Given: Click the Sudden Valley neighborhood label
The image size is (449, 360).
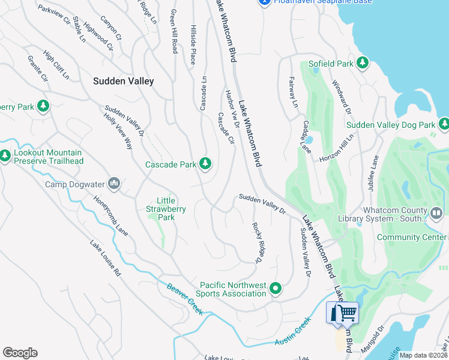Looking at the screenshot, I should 123,81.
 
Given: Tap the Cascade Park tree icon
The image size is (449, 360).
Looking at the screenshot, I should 205,164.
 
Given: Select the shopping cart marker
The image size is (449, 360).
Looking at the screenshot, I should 342,313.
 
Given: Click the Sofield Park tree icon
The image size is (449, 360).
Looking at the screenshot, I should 362,62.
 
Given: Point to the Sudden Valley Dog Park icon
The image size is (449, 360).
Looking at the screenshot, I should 444,125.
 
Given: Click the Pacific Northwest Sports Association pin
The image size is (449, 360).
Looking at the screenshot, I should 276,289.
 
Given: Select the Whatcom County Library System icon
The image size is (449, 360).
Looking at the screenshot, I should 436,212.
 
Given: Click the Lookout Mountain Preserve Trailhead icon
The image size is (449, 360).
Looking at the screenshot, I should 5,157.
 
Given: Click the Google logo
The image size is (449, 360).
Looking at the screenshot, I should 20,353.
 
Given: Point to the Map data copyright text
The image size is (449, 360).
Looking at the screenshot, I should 423,355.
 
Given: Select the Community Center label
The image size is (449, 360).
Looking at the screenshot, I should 411,237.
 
